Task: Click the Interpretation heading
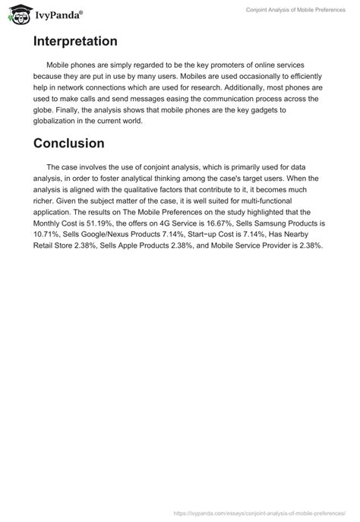pyautogui.click(x=74, y=41)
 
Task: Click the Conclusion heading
pyautogui.click(x=70, y=142)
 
